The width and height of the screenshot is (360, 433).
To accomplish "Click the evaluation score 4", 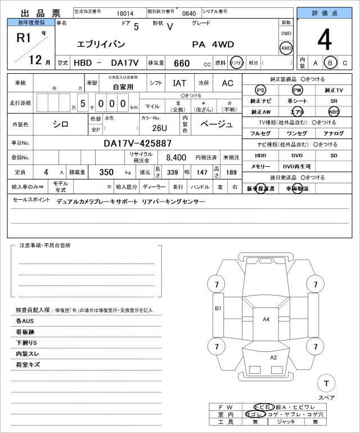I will [324, 39].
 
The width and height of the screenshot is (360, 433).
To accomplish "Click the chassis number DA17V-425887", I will [138, 143].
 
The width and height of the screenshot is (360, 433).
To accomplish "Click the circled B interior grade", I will [331, 63].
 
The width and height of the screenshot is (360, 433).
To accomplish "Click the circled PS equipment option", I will [260, 90].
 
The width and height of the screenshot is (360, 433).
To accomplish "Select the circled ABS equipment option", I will [334, 111].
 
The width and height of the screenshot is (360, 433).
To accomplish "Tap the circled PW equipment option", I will [297, 90].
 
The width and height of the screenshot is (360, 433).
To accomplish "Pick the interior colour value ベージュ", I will [216, 124].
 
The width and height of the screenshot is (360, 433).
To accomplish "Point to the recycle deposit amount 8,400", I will [176, 157].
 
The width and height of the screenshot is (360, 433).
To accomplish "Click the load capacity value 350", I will [106, 172].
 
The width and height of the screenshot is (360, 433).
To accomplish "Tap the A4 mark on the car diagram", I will [266, 319].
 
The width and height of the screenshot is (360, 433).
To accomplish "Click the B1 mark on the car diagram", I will [218, 309].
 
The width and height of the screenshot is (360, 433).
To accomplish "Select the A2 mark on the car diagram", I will [273, 357].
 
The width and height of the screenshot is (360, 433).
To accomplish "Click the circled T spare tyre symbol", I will [325, 383].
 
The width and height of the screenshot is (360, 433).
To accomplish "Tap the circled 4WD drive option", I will [286, 48].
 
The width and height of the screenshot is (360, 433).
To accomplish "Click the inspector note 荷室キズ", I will [28, 365].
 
